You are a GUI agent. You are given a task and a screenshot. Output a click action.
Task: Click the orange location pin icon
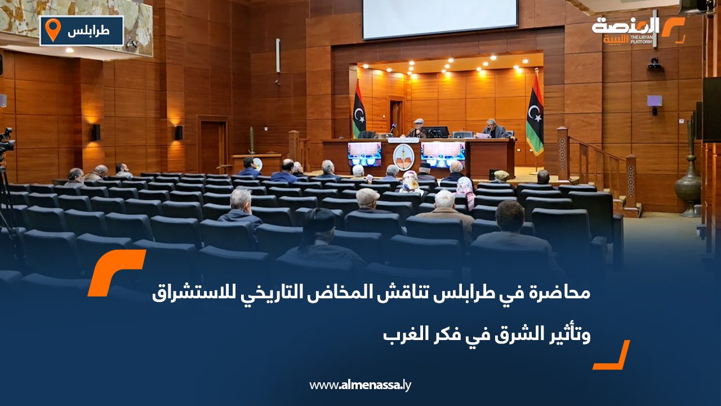click(52, 29)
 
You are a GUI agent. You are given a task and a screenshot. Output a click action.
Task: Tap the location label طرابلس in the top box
click(88, 31)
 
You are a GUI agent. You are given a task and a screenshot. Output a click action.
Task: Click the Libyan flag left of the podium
click(358, 110)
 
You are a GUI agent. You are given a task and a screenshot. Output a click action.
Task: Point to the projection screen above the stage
click(439, 18)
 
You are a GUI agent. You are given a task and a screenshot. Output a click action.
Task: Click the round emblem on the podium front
click(403, 156)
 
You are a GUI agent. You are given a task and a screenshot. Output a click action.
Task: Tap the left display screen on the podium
click(364, 153)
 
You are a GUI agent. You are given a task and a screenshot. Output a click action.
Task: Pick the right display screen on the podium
click(443, 153)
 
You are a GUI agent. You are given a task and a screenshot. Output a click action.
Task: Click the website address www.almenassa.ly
click(360, 385)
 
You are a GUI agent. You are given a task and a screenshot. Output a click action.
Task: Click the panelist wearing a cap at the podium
click(418, 129)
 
